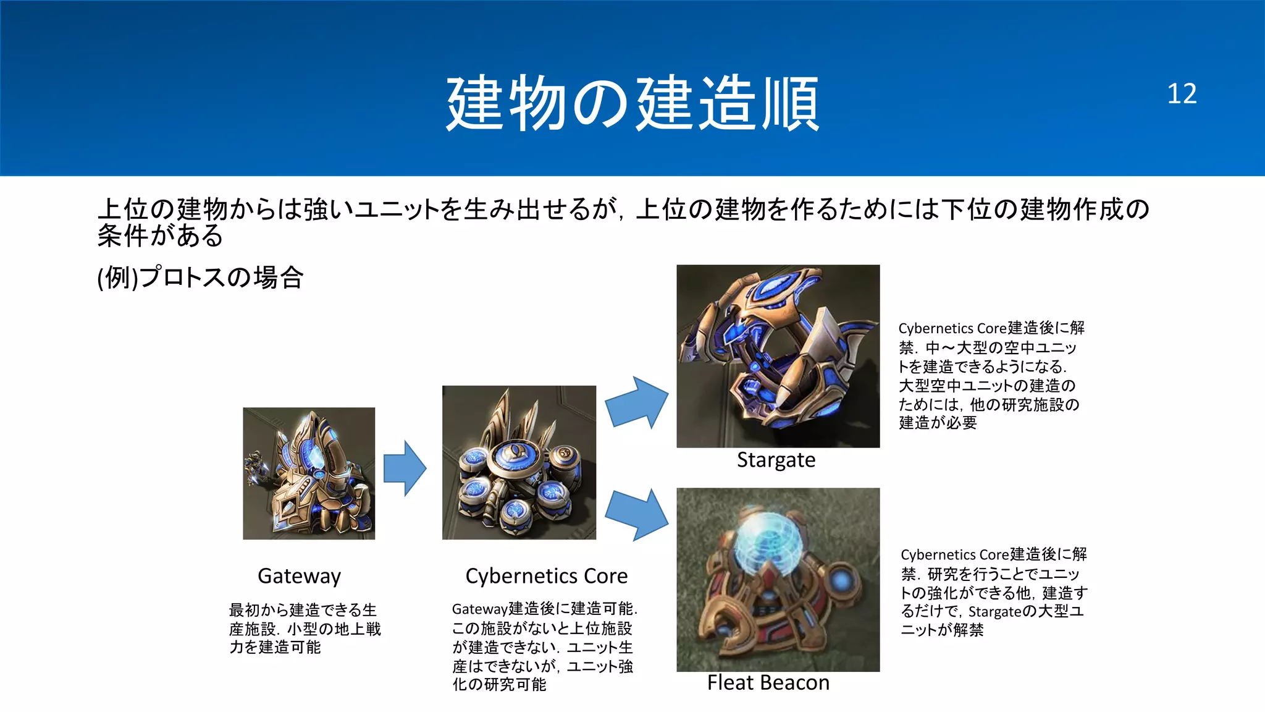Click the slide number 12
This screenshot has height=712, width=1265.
point(1181,94)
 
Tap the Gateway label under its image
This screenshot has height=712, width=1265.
point(299,575)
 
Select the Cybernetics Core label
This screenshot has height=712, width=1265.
point(546,575)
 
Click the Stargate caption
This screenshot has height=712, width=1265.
point(776,460)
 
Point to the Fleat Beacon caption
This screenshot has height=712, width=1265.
point(768,682)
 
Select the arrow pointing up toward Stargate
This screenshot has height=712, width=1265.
point(637,402)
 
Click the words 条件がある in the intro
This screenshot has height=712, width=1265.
point(161,235)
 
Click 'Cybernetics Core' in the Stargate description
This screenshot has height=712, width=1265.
point(952,328)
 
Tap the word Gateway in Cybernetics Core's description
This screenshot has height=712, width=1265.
point(479,609)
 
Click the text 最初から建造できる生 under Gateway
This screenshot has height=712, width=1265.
point(303,610)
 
